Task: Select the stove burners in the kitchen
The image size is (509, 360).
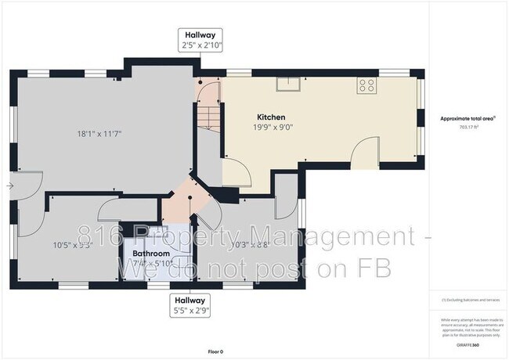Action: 366,85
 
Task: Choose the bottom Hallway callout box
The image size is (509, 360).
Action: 190,304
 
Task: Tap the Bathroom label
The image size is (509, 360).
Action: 150,254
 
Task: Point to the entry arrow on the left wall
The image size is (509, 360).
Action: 9,185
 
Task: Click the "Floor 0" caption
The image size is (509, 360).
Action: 215,351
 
